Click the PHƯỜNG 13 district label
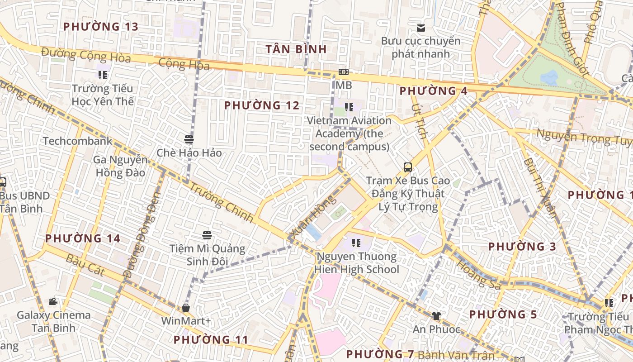(100, 27)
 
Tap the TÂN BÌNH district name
(296, 49)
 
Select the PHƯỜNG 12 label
(262, 106)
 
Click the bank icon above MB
(344, 72)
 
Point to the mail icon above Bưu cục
(421, 28)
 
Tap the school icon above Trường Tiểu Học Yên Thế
(103, 75)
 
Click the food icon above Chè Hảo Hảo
(189, 139)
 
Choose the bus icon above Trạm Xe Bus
(408, 167)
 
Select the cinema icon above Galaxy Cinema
(53, 302)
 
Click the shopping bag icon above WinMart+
(186, 308)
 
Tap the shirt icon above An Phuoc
(436, 316)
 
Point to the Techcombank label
(78, 141)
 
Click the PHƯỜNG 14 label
(83, 238)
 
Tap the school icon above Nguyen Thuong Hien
(356, 243)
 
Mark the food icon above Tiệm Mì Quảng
(207, 235)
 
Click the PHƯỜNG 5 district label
(503, 314)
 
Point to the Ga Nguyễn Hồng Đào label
(120, 166)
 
